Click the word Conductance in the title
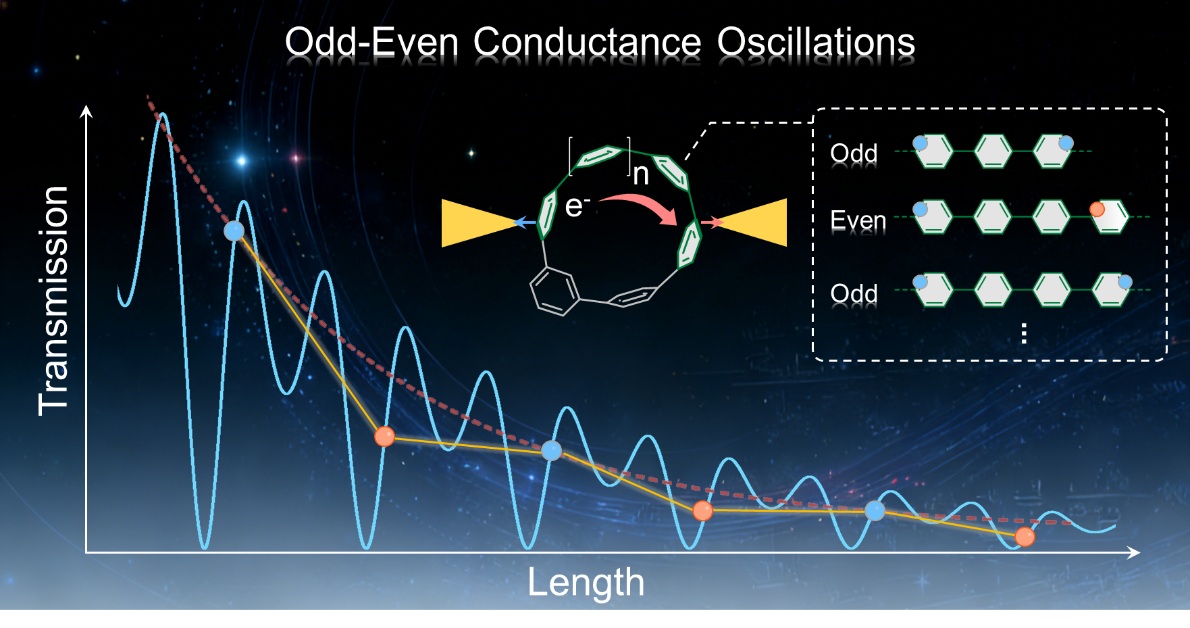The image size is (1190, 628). coord(587,42)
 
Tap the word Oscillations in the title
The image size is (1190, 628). coord(816,42)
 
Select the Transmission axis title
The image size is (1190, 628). coord(53,301)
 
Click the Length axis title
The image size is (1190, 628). coord(586,582)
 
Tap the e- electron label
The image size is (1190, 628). coord(577,206)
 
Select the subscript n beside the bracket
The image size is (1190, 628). coord(641,174)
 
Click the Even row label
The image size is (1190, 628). coord(858,220)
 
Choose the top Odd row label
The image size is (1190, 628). coord(854,153)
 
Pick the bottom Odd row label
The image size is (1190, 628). coord(854,294)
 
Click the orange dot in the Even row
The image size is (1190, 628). coord(1097,210)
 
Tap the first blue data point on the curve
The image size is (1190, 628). coord(234,231)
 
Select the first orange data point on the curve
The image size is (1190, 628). coord(385,437)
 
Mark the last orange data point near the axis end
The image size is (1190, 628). coord(1025,537)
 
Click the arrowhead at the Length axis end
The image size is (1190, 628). coord(1135,552)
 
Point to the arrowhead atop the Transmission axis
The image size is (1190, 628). coord(86,112)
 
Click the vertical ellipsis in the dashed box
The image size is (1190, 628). coord(1025,333)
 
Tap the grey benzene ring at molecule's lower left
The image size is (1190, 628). coord(554,291)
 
